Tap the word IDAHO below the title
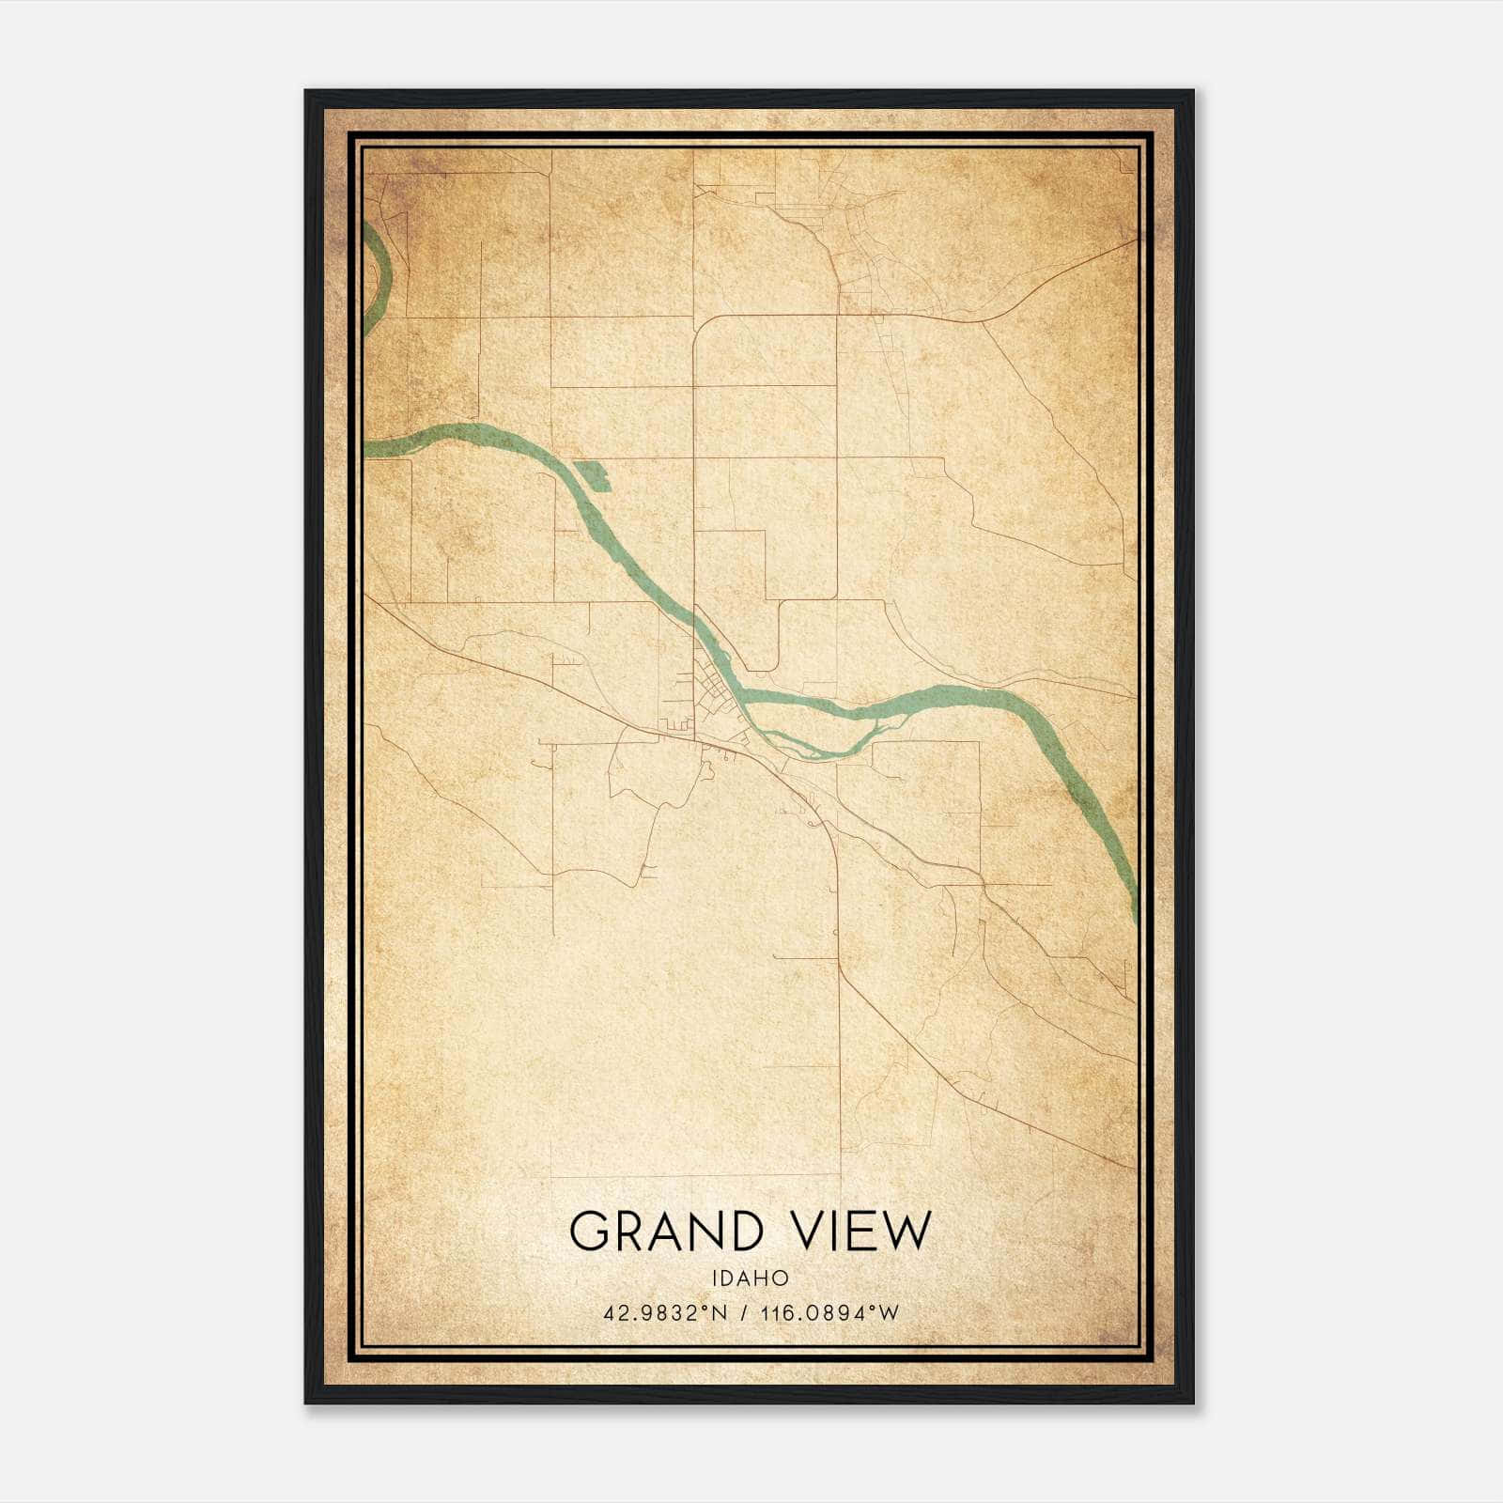click(750, 1278)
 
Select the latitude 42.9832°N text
click(666, 1313)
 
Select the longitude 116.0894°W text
click(832, 1313)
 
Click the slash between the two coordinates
click(745, 1313)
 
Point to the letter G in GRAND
click(589, 1231)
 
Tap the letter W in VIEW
click(907, 1231)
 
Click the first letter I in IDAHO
click(714, 1278)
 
